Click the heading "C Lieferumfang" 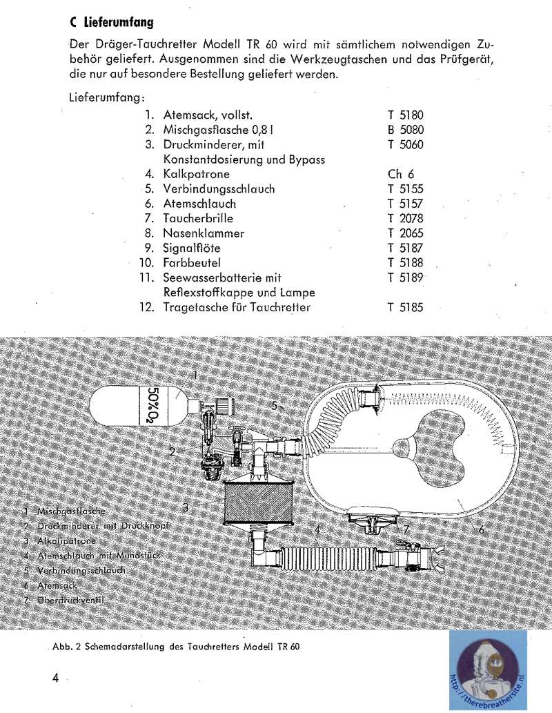coord(112,22)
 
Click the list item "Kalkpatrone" coord(196,174)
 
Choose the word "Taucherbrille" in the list coord(199,218)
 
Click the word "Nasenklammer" coord(204,233)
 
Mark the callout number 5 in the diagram coord(275,406)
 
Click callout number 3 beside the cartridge coord(186,507)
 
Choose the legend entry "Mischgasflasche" coord(72,511)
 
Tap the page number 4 coord(55,677)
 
